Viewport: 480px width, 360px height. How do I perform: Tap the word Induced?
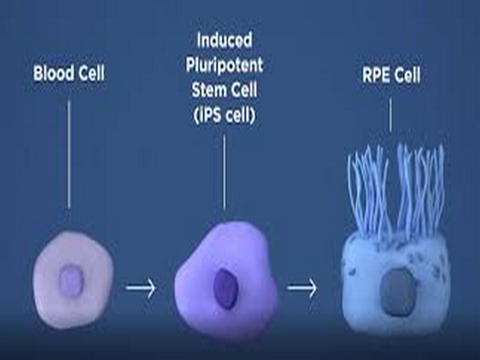(225, 41)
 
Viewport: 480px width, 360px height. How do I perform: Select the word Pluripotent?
(224, 66)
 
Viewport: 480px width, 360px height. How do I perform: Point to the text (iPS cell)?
(224, 115)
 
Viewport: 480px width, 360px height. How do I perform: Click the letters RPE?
(375, 74)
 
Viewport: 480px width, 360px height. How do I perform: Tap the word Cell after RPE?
(407, 74)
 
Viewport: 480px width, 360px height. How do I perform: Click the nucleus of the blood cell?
(71, 281)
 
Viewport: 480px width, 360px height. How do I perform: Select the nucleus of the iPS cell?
(226, 289)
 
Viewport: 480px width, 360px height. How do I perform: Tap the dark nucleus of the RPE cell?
(398, 292)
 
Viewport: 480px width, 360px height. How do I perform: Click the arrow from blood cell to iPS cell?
(141, 288)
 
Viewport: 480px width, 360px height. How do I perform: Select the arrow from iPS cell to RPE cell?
(302, 288)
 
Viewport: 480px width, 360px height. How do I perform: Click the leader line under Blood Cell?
(69, 154)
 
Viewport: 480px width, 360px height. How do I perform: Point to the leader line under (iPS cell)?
(224, 173)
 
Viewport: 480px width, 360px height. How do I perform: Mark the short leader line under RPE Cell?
(390, 114)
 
